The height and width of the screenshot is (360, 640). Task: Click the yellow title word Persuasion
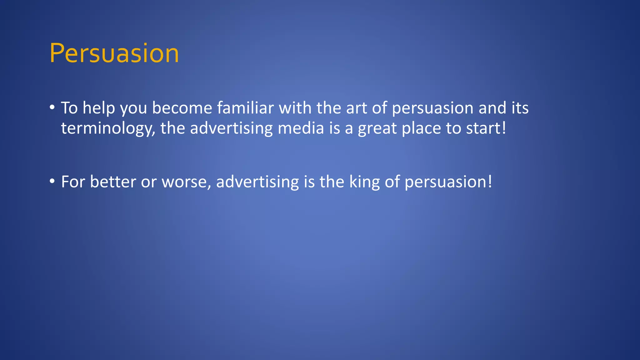tap(114, 53)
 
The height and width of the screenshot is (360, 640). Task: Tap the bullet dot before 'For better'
tap(52, 182)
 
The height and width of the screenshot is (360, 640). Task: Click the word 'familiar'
tap(245, 108)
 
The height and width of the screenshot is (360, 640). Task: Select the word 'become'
tap(182, 108)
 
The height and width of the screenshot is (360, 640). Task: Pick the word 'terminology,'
tap(108, 128)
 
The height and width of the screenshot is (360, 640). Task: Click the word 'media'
tap(301, 128)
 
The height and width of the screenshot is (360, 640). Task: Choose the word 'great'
tap(377, 128)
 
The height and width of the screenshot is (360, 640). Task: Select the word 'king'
tap(364, 182)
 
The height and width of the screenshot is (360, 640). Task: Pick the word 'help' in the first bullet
tap(99, 108)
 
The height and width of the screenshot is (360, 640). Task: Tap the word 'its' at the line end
tap(520, 108)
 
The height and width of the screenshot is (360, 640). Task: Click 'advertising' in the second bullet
tap(257, 182)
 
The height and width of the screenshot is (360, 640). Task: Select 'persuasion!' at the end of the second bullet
tap(448, 182)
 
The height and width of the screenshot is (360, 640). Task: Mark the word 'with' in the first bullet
tap(295, 108)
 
